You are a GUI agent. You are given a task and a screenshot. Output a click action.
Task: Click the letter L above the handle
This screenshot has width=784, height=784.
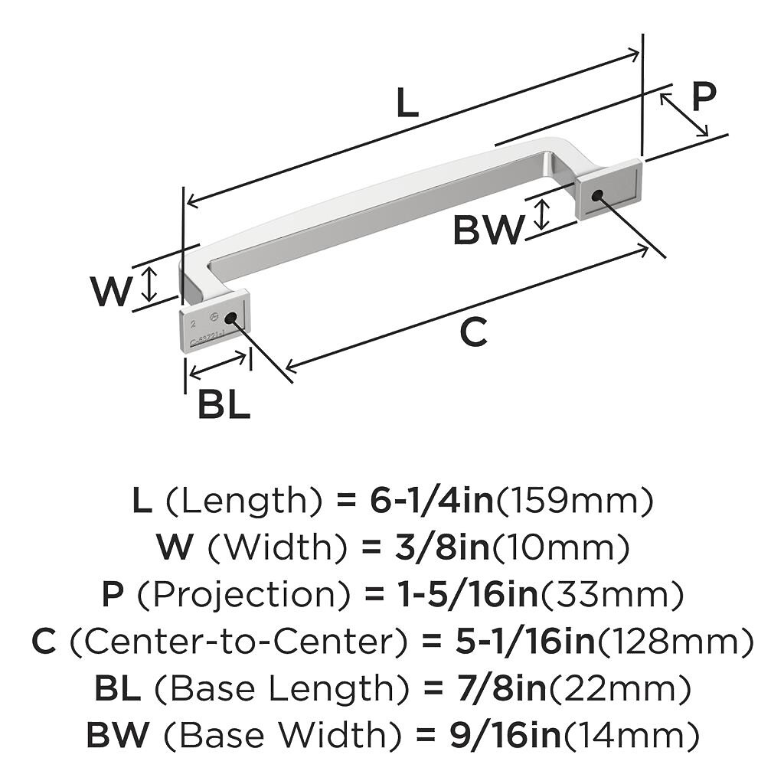[x=407, y=103]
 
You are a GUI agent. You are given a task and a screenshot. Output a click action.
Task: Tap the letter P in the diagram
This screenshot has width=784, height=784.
[x=703, y=97]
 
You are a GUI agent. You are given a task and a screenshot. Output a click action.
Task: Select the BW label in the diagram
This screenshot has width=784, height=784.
[x=488, y=230]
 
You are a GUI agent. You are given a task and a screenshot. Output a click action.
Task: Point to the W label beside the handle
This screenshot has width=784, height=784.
[x=111, y=291]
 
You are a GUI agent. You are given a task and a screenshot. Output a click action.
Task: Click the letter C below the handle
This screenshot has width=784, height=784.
[x=473, y=332]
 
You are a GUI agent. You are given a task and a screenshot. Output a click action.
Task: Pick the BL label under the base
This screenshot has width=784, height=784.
[x=224, y=405]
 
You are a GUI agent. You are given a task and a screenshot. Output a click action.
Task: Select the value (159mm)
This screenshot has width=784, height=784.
[x=575, y=501]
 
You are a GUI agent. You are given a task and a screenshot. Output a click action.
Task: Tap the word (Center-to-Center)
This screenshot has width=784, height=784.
[x=237, y=642]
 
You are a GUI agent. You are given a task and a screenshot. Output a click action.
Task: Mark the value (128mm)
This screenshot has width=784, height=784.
[x=675, y=642]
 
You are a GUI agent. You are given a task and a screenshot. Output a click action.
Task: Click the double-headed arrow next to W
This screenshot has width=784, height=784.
[x=150, y=284]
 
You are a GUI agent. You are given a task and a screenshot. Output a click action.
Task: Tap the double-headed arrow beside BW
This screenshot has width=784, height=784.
[x=541, y=214]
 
